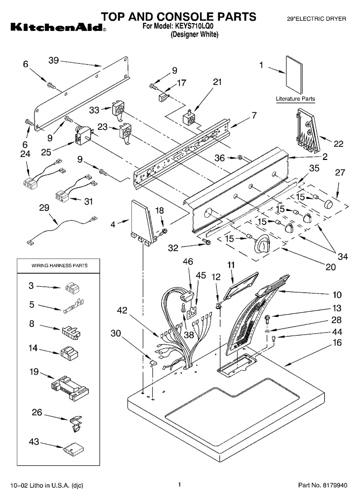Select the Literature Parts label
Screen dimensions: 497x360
tap(295, 99)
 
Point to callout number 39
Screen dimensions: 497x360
tap(54, 60)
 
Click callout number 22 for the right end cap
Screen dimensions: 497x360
tap(338, 144)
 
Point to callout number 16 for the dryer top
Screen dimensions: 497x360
tap(337, 342)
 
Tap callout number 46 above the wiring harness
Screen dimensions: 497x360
tap(188, 262)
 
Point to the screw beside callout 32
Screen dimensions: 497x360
tap(208, 242)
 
